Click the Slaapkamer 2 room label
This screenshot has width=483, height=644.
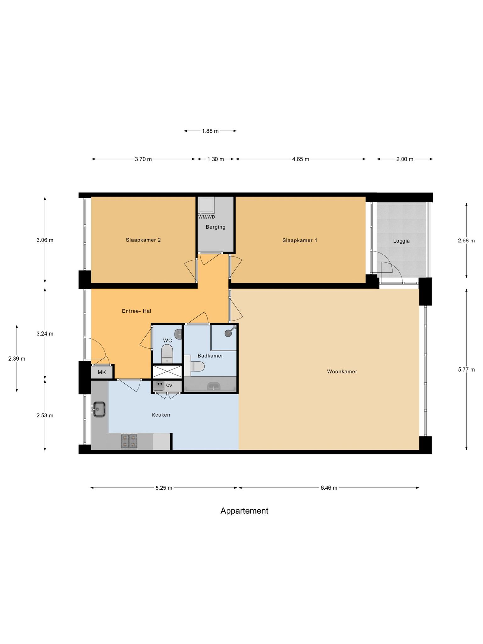pos(143,240)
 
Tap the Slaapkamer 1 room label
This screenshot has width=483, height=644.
pos(300,240)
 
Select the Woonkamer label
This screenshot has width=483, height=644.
pos(342,371)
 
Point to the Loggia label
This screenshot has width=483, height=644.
pos(401,241)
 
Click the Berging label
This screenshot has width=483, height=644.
pos(215,227)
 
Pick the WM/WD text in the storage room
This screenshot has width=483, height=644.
pos(207,217)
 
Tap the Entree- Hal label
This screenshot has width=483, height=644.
pos(136,311)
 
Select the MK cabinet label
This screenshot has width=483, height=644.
pos(102,372)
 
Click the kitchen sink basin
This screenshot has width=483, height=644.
pos(98,409)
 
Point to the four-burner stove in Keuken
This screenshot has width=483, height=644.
pos(129,441)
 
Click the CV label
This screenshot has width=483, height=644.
pos(169,386)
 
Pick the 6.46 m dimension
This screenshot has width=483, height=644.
pos(329,488)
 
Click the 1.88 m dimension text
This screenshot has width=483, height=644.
pos(210,131)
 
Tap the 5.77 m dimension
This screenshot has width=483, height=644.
pos(466,369)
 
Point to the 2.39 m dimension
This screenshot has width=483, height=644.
pos(17,358)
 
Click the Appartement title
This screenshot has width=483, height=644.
pos(244,511)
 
